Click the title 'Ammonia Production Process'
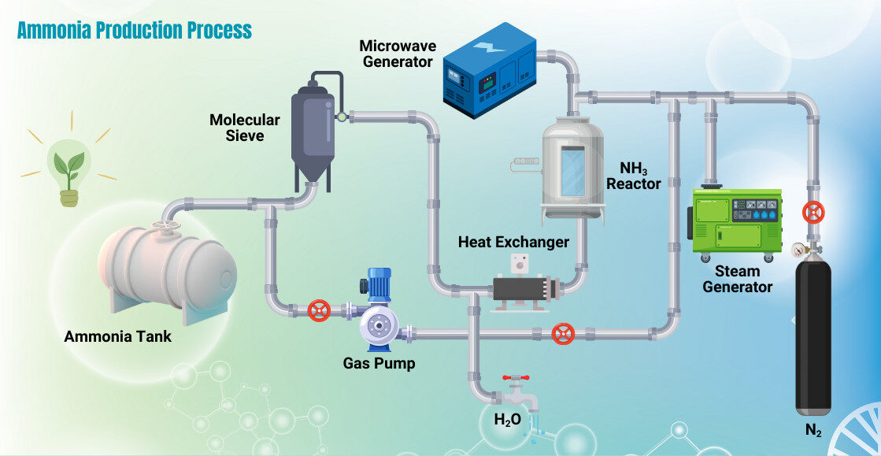click(135, 31)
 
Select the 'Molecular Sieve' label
click(244, 128)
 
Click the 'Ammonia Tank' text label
click(117, 337)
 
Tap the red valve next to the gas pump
click(319, 310)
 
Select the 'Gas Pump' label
click(379, 364)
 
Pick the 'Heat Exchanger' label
click(513, 243)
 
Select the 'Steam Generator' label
click(737, 280)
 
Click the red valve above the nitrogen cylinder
click(813, 213)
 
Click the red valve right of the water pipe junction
click(562, 334)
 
